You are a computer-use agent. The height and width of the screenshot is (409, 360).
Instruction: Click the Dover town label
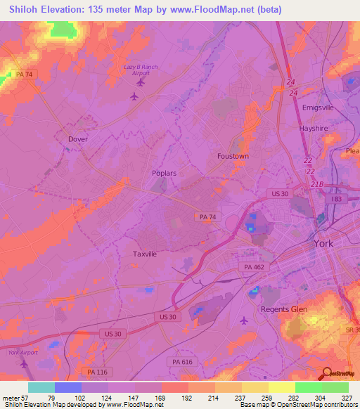77,139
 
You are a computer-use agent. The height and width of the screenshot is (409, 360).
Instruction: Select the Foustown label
233,156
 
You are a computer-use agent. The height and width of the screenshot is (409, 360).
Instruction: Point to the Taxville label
145,254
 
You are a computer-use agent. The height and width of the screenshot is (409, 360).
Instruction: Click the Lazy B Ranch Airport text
140,70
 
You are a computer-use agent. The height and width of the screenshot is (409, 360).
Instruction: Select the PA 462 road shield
253,267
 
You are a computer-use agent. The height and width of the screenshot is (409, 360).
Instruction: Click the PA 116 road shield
92,371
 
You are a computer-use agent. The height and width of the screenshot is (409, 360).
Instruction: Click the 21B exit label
317,185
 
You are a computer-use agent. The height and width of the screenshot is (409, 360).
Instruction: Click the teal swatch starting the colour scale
41,387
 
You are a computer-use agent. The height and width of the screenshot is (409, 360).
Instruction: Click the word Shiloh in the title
25,9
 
